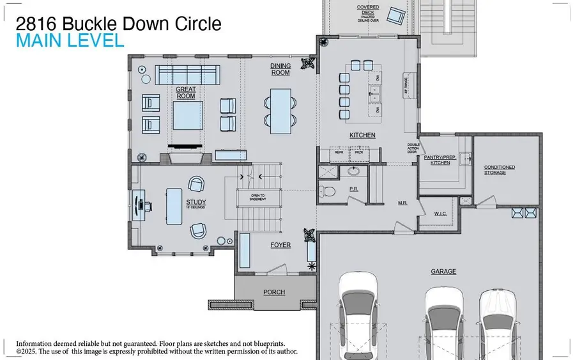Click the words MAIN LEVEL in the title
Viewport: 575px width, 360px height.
[70, 42]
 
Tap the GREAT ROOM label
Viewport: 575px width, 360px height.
[185, 93]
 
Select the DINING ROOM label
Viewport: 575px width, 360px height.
[280, 69]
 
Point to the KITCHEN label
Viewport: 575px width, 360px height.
[362, 136]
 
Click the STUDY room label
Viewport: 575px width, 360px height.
[195, 203]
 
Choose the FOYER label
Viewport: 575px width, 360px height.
[280, 245]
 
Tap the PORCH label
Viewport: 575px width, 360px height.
[274, 292]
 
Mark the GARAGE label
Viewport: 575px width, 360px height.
[443, 271]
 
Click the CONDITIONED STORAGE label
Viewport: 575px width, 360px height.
[499, 170]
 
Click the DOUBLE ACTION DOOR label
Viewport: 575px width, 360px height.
[413, 148]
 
